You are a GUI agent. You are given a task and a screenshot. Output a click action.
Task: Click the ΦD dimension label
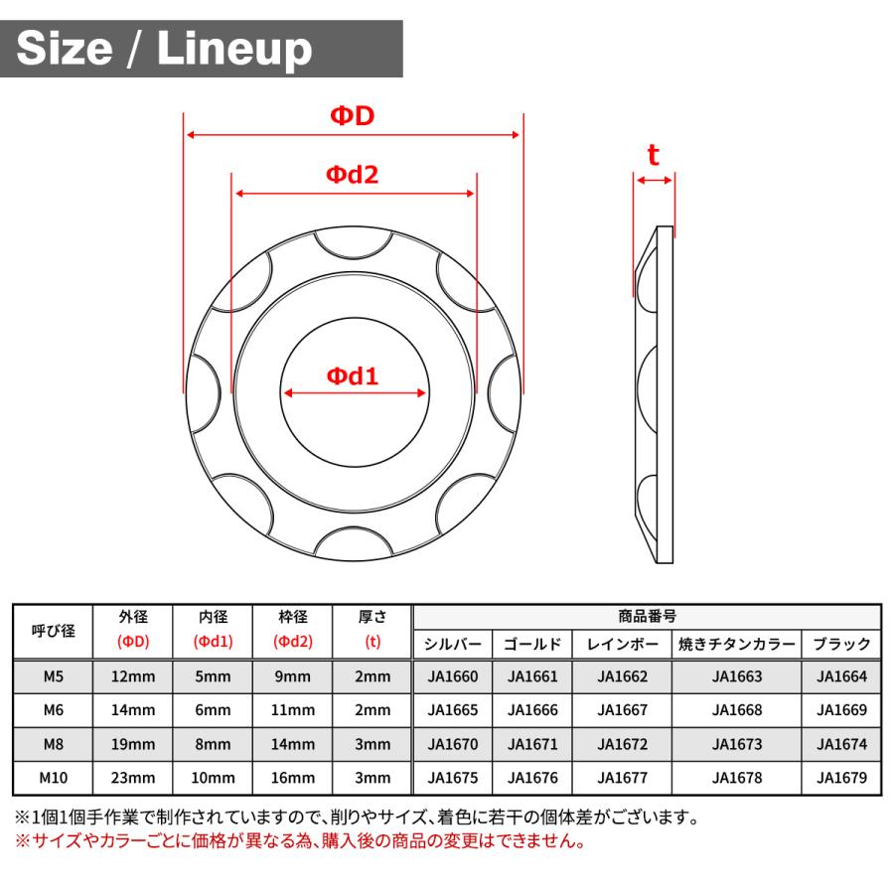click(x=353, y=117)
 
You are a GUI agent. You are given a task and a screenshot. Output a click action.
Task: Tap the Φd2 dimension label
click(x=353, y=175)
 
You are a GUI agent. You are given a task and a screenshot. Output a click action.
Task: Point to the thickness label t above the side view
click(x=653, y=156)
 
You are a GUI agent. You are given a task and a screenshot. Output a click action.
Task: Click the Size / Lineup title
click(x=164, y=49)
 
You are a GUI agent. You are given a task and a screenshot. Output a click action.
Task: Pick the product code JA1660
click(x=452, y=677)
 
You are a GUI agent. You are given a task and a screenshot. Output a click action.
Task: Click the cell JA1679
click(x=841, y=777)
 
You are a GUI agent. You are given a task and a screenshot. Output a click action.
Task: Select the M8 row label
click(x=52, y=744)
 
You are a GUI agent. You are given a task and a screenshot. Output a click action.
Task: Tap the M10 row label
click(x=52, y=777)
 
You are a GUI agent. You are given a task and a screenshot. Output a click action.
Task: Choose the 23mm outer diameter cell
click(x=133, y=777)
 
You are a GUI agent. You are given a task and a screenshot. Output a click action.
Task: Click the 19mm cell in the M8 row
click(x=133, y=744)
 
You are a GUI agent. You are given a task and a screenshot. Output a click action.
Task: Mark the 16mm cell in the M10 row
click(x=293, y=777)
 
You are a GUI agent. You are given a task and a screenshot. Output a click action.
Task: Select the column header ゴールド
click(x=532, y=644)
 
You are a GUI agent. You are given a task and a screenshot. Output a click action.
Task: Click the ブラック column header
click(x=841, y=644)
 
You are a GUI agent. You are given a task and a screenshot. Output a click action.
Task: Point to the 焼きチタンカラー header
click(x=737, y=644)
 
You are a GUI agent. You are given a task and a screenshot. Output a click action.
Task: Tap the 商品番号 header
click(x=647, y=616)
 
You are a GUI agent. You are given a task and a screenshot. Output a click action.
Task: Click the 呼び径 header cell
click(x=52, y=630)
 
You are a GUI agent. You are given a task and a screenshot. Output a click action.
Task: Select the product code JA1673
click(x=737, y=744)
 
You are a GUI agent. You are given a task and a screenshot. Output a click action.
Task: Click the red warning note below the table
click(x=299, y=841)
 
